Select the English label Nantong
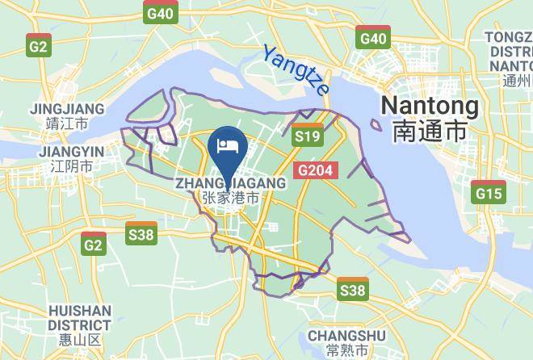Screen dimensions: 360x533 [429, 106]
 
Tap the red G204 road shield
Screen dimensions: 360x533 [316, 170]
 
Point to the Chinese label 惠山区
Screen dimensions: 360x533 [79, 341]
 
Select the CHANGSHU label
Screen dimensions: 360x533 [337, 334]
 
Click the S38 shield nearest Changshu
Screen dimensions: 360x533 [353, 289]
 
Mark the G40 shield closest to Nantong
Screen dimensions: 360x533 [373, 37]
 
